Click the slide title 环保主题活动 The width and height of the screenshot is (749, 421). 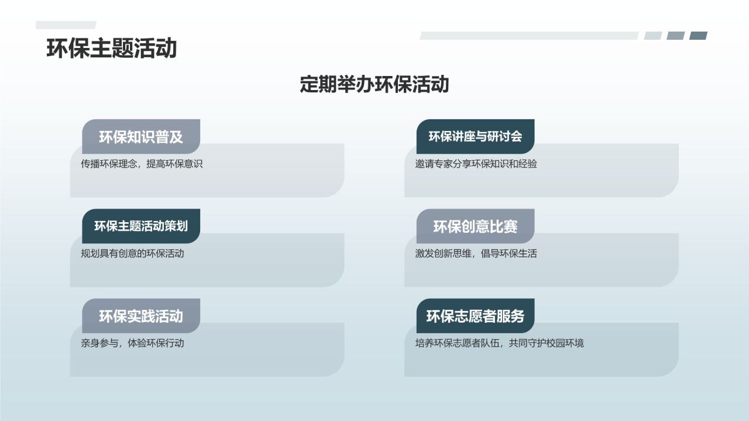111,49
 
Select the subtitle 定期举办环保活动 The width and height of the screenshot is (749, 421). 374,84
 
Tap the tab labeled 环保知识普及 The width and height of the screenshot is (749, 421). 141,137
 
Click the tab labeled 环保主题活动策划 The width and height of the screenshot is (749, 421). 141,226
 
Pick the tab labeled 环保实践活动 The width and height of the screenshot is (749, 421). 141,316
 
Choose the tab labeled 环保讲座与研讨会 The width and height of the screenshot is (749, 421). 475,137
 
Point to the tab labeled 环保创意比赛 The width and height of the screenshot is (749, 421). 475,226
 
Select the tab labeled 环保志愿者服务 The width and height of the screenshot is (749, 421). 475,316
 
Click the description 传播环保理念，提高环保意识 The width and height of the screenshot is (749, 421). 142,164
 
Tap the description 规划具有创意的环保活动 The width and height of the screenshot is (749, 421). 132,254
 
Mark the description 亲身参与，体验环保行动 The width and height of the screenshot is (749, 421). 132,343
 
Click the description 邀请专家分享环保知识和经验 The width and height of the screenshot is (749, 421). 476,164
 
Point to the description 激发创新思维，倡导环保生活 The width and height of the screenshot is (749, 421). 476,254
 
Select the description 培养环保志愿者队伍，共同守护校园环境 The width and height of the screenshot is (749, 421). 499,343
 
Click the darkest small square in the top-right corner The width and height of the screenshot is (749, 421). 698,36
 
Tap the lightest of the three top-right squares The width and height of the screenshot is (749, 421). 653,36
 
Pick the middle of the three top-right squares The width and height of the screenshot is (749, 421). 675,36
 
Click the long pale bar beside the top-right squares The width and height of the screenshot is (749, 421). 529,36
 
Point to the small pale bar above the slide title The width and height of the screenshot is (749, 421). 66,25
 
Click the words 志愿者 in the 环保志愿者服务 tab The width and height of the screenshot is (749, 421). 475,316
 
